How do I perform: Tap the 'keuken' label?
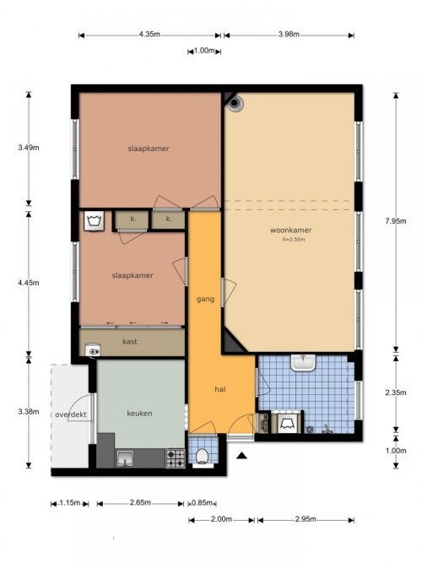click(138, 414)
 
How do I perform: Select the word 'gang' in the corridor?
click(204, 300)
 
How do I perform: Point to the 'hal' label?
click(219, 390)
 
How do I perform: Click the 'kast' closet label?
click(130, 341)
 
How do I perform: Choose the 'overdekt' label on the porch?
click(71, 414)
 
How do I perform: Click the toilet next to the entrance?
click(202, 457)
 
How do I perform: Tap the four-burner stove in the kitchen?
click(175, 458)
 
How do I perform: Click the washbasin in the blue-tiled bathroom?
click(303, 363)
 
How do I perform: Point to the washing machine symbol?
click(93, 221)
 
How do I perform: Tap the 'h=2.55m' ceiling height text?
click(292, 240)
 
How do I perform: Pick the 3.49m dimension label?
click(29, 148)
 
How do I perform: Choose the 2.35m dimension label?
click(408, 392)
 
